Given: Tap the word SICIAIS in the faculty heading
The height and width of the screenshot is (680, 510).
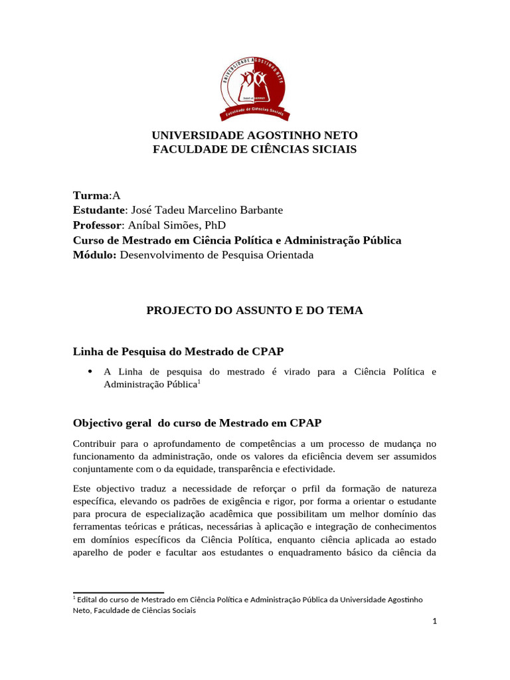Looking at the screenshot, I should pos(328,149).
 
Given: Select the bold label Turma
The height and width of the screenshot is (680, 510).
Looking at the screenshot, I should pos(90,195).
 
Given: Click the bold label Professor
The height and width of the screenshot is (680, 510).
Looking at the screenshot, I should pos(98,225).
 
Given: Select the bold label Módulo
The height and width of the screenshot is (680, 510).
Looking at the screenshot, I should pos(94,255).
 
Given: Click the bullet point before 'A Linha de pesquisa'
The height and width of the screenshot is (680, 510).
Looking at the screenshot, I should pos(90,372).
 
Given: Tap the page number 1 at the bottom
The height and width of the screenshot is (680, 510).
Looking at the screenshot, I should pos(434,622).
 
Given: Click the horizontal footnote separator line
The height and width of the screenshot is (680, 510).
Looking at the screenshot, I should pos(118,592).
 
